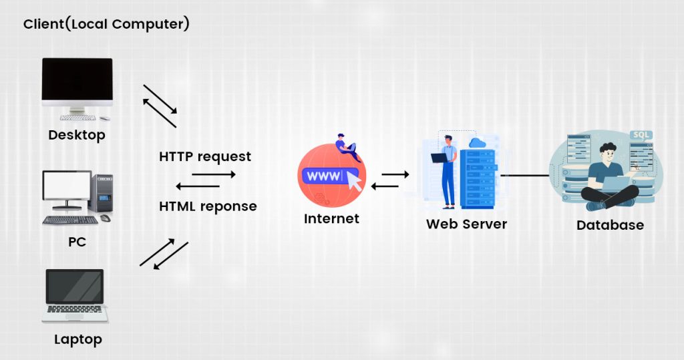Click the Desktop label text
point(77,136)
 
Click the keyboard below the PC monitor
point(70,220)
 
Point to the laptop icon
point(75,295)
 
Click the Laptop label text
point(77,339)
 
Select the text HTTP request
point(205,156)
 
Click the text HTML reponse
point(208,206)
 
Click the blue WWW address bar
point(327,177)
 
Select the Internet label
point(331,218)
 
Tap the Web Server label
point(466,224)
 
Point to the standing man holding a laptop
point(446,170)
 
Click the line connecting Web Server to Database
point(524,176)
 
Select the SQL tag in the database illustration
point(641,134)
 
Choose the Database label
point(610,225)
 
